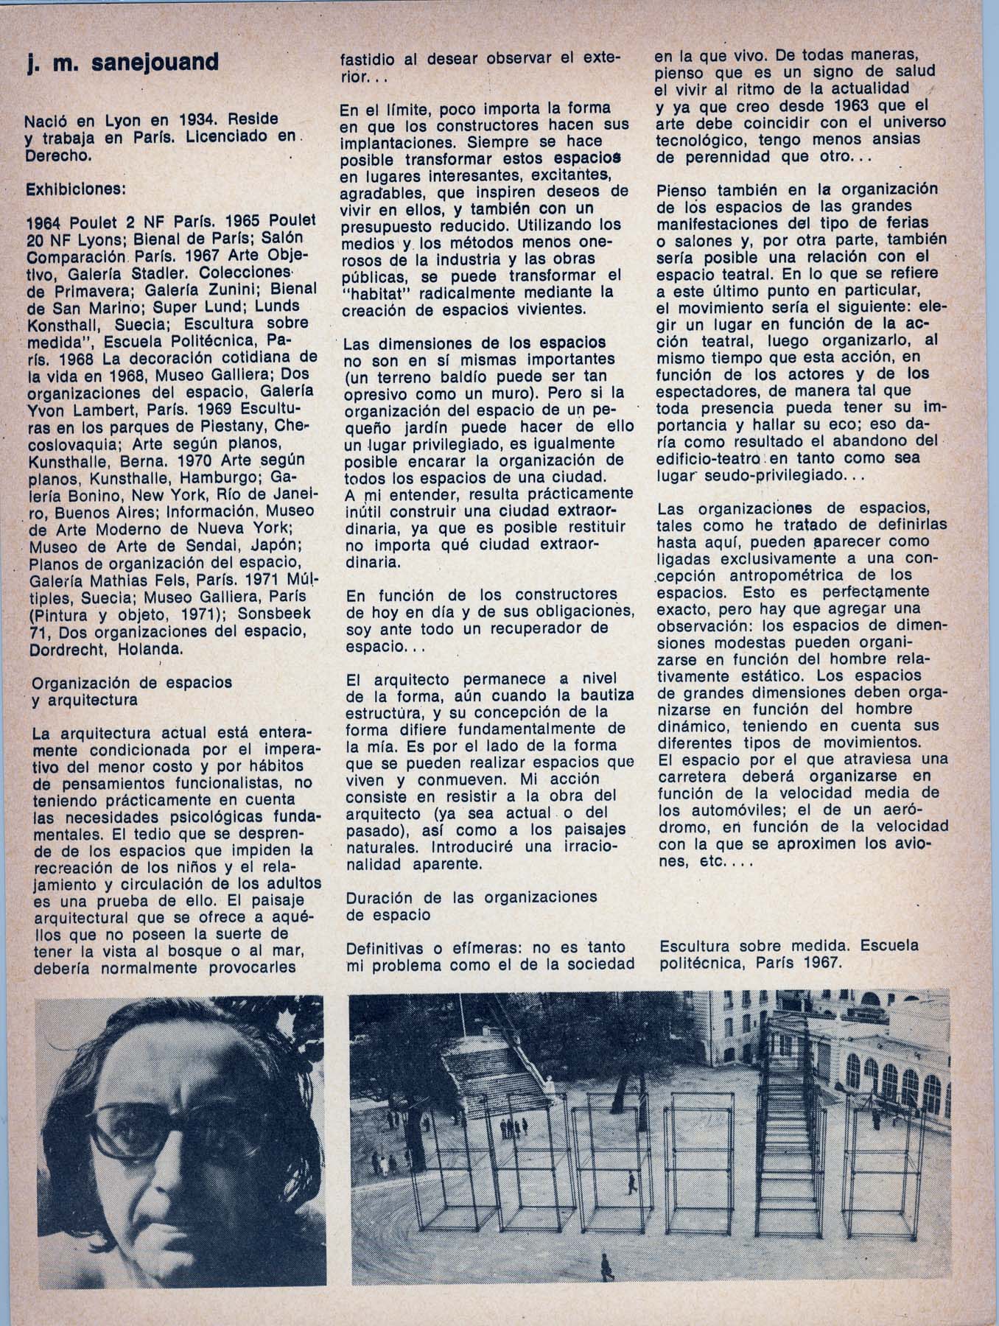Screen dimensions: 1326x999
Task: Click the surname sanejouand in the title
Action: click(157, 63)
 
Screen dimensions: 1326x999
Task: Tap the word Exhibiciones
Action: click(76, 189)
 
